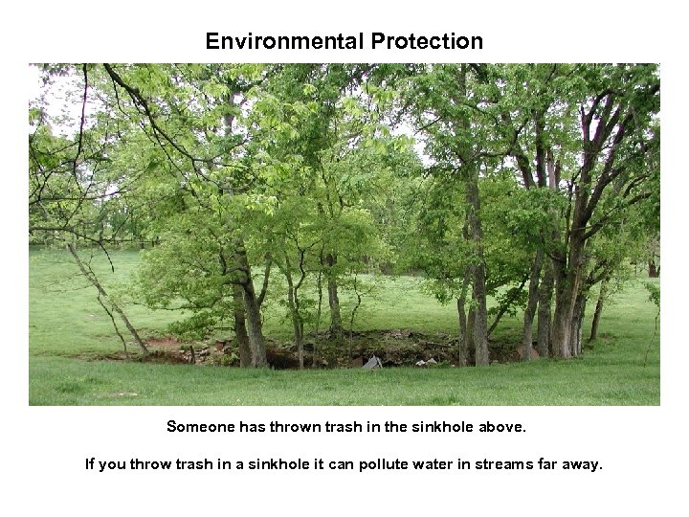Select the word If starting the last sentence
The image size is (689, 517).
tap(89, 465)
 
